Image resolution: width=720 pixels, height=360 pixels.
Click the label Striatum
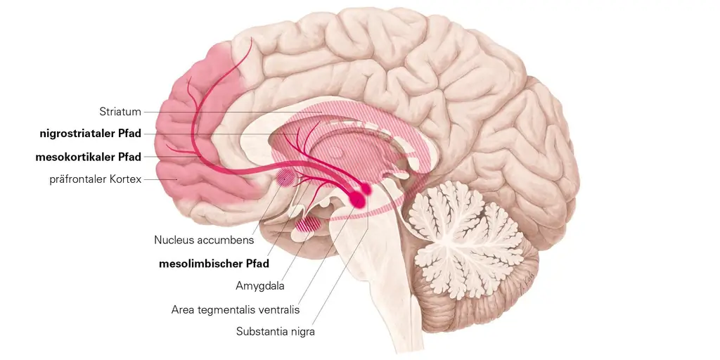tap(120, 111)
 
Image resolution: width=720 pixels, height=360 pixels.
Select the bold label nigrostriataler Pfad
tap(91, 134)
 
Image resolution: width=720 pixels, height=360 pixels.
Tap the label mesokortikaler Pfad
tap(89, 156)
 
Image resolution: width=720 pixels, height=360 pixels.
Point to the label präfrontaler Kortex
tap(95, 179)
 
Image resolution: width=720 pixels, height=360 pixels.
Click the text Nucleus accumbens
tap(204, 240)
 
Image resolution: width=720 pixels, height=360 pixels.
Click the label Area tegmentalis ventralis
tap(236, 309)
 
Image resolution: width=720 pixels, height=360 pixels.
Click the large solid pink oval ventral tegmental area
tap(359, 199)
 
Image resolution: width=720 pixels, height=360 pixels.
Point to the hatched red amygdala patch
tap(308, 224)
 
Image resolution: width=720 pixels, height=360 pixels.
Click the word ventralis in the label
tap(278, 309)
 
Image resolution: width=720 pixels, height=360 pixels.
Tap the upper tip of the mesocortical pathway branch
tap(250, 39)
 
